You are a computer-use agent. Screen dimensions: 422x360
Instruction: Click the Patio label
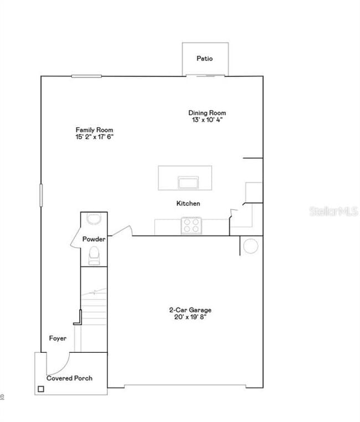204,59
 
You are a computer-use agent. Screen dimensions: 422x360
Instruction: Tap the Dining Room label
207,113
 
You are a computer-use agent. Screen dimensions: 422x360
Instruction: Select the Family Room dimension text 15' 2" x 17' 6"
95,136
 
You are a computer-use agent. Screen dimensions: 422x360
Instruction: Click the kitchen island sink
188,182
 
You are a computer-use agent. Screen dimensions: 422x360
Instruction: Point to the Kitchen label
188,204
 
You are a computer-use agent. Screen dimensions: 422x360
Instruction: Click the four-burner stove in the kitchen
192,225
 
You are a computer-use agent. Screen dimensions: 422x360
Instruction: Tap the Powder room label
94,239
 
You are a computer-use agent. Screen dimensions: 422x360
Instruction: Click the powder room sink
94,219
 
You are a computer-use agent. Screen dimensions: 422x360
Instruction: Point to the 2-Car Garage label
190,310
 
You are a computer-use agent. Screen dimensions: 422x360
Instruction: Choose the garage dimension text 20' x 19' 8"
190,317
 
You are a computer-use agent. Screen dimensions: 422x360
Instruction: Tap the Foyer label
58,338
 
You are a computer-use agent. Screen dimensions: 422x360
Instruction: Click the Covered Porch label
69,378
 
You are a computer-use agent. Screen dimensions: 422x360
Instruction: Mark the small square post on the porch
40,389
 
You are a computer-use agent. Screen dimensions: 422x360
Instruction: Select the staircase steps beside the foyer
93,310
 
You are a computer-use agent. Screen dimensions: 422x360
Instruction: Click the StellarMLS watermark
333,211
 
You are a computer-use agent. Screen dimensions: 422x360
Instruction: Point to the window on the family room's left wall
40,195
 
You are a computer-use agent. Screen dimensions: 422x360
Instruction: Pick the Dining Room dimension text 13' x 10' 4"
207,120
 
